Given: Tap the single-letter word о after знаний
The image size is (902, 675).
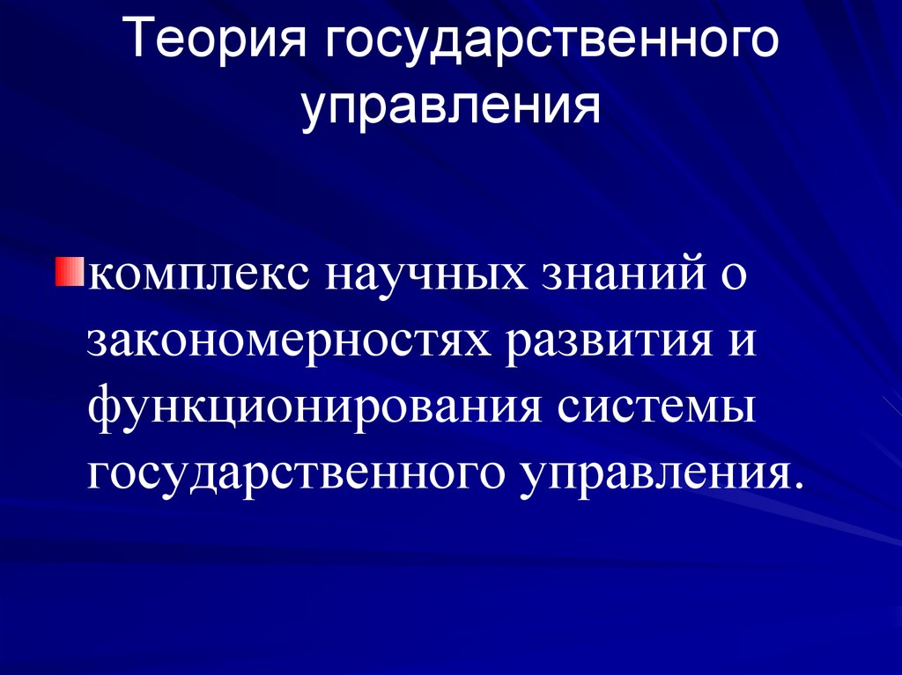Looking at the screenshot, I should pyautogui.click(x=734, y=276).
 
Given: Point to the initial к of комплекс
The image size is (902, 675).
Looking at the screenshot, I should pyautogui.click(x=98, y=276).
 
